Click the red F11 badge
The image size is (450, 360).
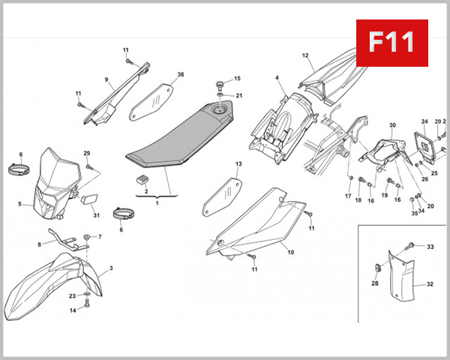[x=391, y=42]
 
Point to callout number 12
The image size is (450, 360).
[x=305, y=55]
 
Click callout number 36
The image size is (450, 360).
[x=180, y=75]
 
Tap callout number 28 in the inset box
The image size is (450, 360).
[x=375, y=283]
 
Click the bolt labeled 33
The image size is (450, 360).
[x=412, y=246]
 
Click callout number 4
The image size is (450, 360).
[x=276, y=78]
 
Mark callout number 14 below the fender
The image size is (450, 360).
[x=73, y=310]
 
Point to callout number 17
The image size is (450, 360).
[x=348, y=196]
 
